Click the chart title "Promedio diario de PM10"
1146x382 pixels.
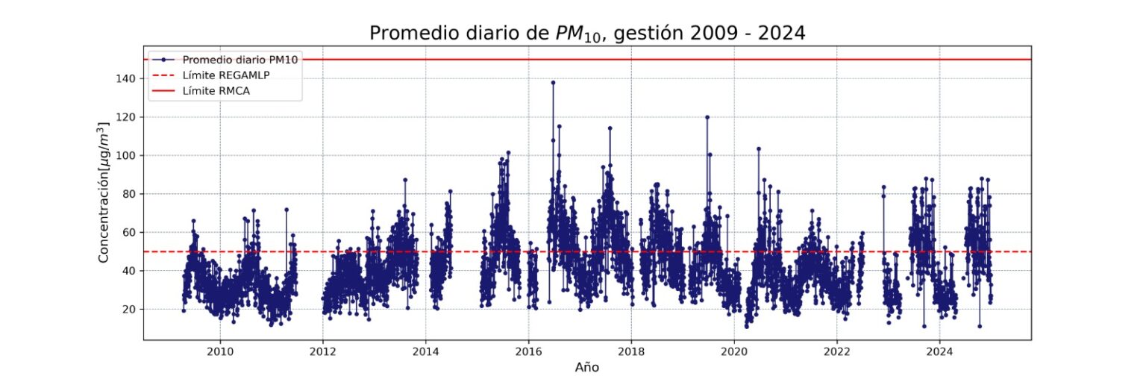[x=587, y=34]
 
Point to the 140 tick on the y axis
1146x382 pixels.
[x=128, y=78]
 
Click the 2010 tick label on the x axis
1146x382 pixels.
[x=219, y=351]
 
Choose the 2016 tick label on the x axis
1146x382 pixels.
[x=528, y=351]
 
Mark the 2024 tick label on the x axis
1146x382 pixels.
[x=939, y=351]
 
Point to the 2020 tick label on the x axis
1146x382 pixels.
[x=733, y=351]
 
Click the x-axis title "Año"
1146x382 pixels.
[x=587, y=367]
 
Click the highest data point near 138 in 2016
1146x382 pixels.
[x=553, y=82]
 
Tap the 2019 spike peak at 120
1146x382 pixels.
[x=707, y=117]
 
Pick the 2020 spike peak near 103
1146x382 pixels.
[x=758, y=148]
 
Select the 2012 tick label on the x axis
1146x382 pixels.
[x=322, y=351]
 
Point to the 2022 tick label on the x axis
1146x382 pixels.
[x=836, y=351]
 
